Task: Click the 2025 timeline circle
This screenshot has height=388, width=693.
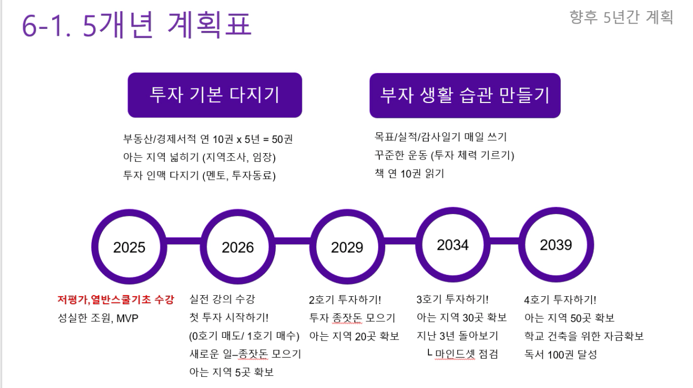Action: [x=129, y=247]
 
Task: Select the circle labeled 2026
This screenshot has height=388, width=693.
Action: [x=237, y=247]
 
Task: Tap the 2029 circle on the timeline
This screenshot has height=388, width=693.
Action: [x=347, y=247]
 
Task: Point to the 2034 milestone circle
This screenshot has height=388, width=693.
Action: [x=453, y=245]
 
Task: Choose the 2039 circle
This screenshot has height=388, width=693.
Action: [x=556, y=245]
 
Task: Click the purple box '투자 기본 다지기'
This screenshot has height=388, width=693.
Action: [x=214, y=95]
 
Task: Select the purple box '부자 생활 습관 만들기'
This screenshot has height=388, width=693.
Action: [x=465, y=96]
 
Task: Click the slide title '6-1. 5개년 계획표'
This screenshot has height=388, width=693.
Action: [x=137, y=25]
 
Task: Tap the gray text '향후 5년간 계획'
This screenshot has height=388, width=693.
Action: [x=621, y=17]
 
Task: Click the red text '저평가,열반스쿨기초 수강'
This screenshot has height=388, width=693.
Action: [x=116, y=299]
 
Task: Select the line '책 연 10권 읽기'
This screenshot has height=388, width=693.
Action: [x=409, y=173]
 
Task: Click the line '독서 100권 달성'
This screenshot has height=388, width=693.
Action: [x=560, y=354]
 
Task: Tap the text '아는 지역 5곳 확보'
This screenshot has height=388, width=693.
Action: [x=232, y=372]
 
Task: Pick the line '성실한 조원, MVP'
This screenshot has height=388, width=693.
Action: [x=98, y=318]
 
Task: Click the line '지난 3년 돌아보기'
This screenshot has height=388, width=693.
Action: [x=457, y=336]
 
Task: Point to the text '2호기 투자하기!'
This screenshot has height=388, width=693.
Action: [x=345, y=299]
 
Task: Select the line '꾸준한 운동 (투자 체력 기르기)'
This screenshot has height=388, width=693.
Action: [x=444, y=155]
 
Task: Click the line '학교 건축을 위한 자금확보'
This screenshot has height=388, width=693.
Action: [x=584, y=336]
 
